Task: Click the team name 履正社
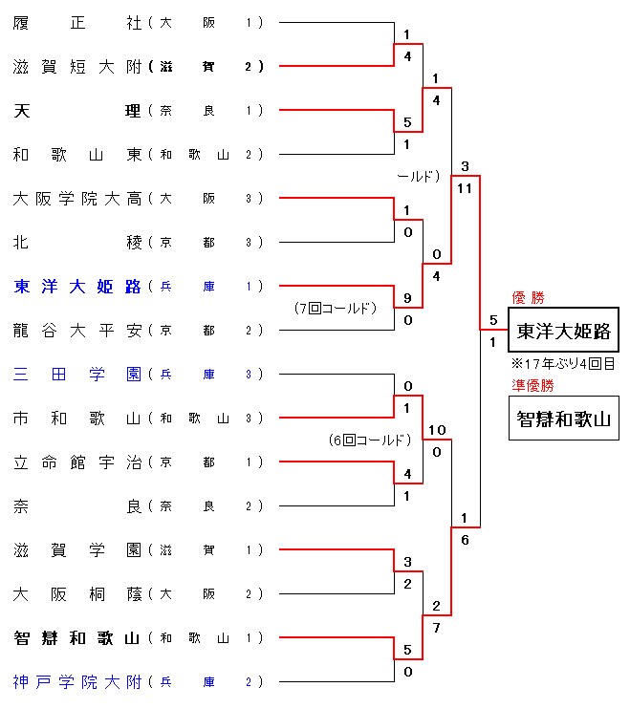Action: click(77, 22)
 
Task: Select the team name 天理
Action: click(77, 110)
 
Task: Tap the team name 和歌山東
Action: click(77, 154)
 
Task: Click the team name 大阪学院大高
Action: click(77, 198)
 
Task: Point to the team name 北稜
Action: click(77, 242)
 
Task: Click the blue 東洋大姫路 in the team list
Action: click(77, 286)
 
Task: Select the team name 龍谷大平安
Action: click(77, 330)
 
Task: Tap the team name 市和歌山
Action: click(77, 418)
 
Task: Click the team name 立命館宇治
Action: click(77, 462)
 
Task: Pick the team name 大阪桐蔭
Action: click(77, 593)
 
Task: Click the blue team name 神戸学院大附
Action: click(77, 681)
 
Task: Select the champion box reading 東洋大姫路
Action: click(563, 331)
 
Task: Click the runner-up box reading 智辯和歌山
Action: click(563, 418)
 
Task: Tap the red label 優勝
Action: click(528, 298)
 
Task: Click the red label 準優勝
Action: click(532, 386)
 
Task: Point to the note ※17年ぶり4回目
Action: click(563, 364)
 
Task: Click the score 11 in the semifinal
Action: click(465, 188)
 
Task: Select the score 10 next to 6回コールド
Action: click(437, 430)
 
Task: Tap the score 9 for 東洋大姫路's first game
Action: click(407, 298)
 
